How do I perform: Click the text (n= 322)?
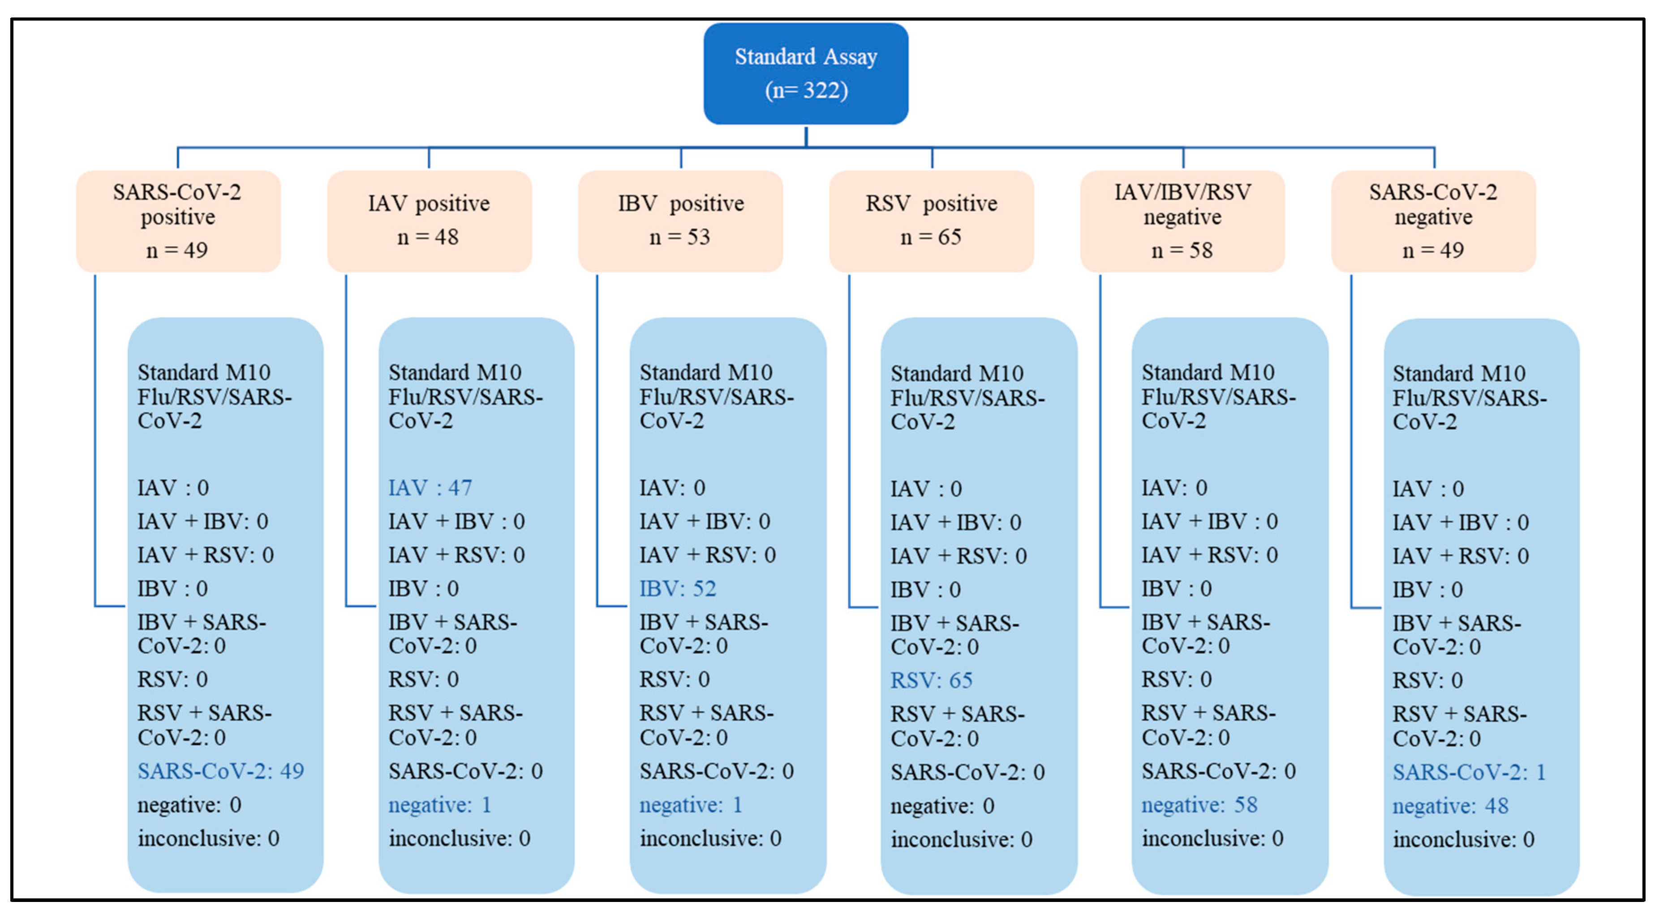(x=806, y=90)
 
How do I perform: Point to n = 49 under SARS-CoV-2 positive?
(x=177, y=250)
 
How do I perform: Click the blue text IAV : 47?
(x=430, y=487)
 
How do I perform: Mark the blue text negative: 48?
(x=1450, y=805)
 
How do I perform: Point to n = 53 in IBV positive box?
(x=679, y=237)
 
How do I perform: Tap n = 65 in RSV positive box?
(x=931, y=237)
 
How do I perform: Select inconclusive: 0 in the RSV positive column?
(x=961, y=839)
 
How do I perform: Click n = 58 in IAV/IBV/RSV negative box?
(x=1182, y=250)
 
